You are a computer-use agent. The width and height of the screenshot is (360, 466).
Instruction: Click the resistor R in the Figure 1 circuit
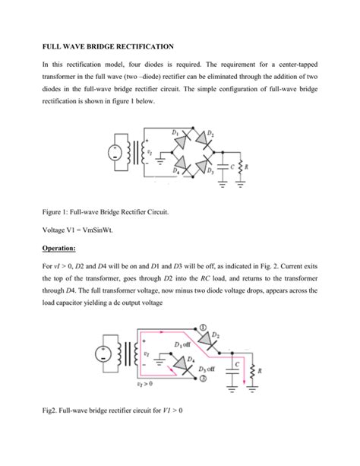click(242, 168)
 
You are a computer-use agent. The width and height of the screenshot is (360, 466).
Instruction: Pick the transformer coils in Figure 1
click(138, 152)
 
